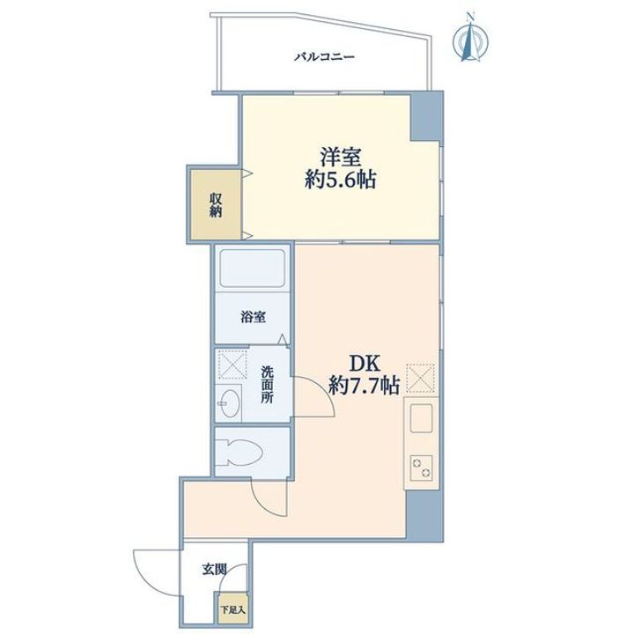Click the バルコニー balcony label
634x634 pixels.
coord(324,58)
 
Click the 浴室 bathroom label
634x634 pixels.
coord(254,319)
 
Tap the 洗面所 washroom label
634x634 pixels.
coord(267,385)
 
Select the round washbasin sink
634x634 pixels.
coord(231,404)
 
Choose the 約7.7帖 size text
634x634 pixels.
coord(365,385)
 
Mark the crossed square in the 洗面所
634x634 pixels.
coord(232,365)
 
